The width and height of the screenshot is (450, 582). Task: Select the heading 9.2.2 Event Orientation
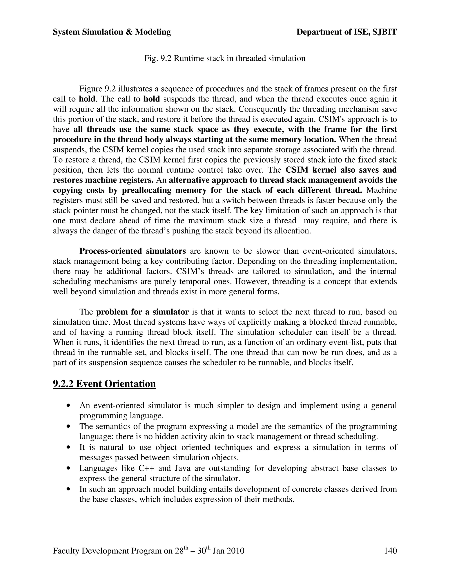click(104, 384)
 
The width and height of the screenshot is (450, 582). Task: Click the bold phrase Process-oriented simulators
click(132, 251)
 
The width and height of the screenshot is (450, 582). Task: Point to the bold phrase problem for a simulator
click(142, 312)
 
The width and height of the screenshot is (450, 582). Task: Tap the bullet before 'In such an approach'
click(69, 489)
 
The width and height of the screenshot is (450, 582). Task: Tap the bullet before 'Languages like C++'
click(69, 468)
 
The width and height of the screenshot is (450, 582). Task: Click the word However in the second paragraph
click(252, 281)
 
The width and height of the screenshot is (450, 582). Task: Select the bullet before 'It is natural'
click(69, 447)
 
